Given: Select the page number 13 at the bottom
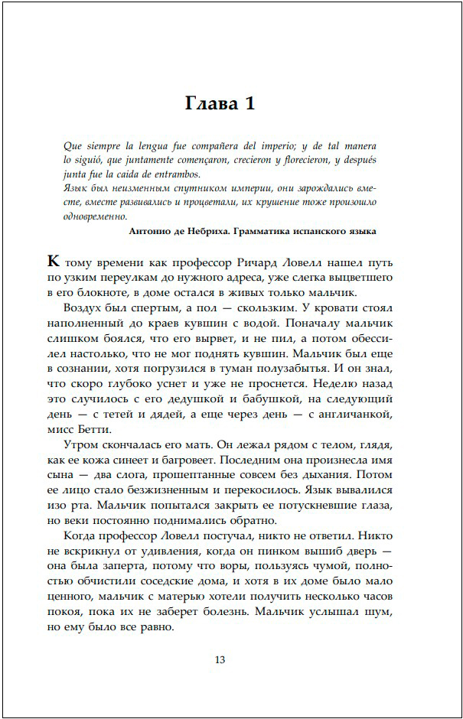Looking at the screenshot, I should [220, 660].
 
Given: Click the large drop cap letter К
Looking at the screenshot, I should [54, 261].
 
